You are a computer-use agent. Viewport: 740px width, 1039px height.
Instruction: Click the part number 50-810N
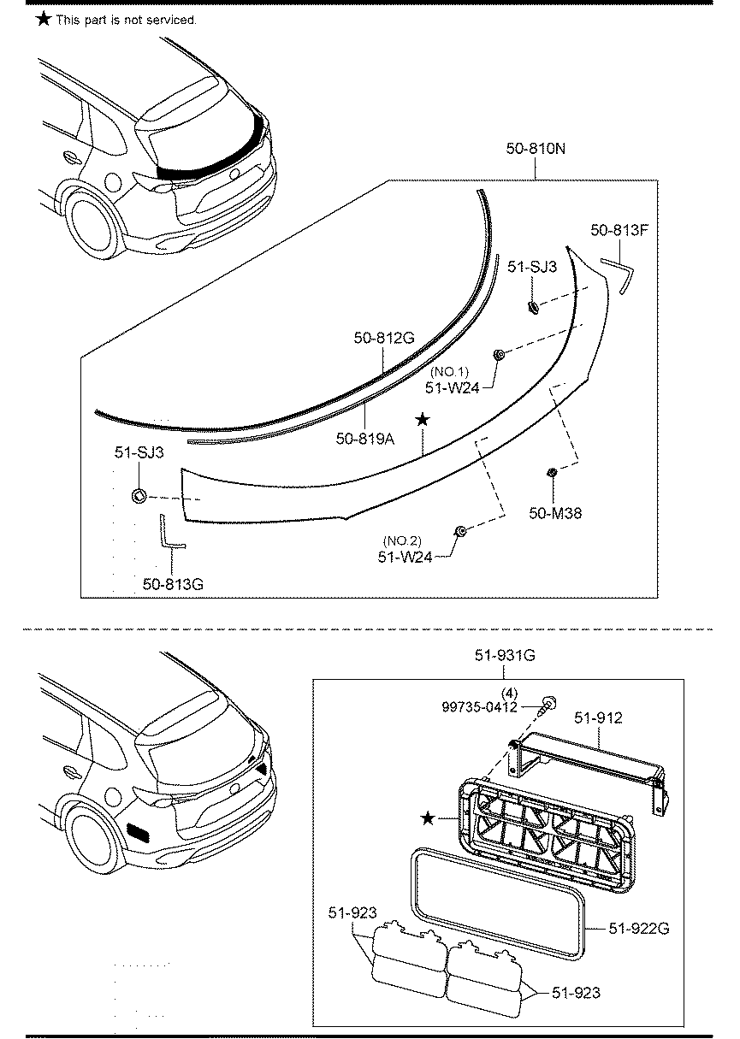tap(536, 149)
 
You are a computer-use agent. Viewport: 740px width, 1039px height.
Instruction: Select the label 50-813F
tap(619, 229)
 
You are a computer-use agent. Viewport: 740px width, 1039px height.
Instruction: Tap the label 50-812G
tap(384, 338)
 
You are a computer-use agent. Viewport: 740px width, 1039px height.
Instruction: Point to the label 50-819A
tap(366, 438)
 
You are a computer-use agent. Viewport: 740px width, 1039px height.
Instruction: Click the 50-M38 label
tap(556, 513)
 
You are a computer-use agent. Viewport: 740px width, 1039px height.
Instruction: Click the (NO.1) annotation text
tap(451, 372)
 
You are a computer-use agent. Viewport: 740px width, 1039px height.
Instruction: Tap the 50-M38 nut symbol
tap(552, 472)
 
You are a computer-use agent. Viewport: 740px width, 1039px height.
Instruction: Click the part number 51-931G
tap(505, 656)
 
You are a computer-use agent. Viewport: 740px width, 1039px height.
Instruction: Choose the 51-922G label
tap(638, 927)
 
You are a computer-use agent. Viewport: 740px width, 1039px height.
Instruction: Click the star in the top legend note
tap(44, 18)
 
